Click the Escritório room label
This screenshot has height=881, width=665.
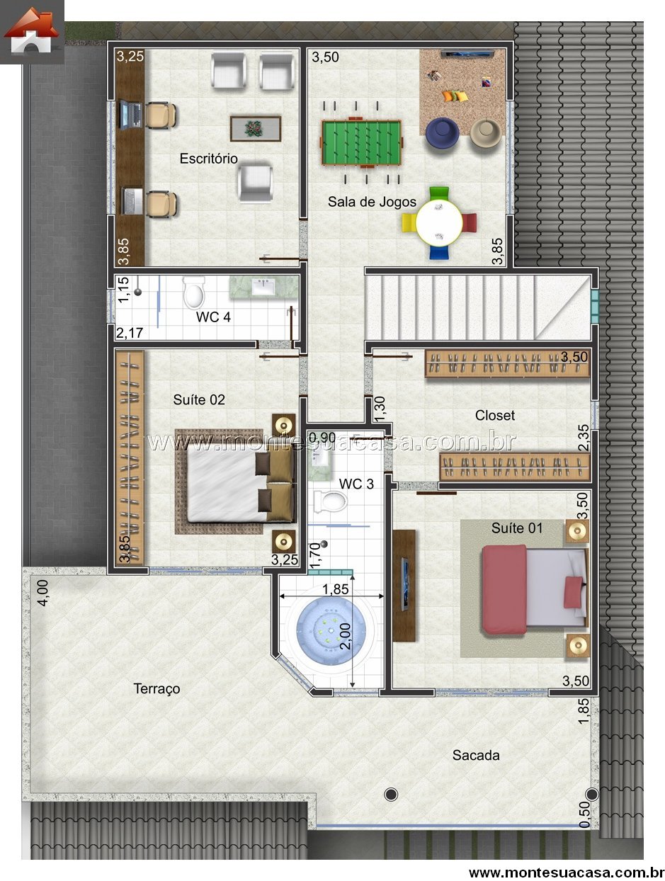tap(208, 159)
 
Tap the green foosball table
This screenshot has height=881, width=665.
tap(361, 142)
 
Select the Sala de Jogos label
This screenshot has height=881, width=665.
tap(372, 202)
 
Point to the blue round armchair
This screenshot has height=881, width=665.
tap(442, 133)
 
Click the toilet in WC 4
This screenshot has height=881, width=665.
tap(194, 292)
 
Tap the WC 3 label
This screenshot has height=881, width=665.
tap(356, 484)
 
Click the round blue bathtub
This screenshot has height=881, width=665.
tap(331, 631)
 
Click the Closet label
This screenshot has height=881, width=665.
tap(494, 415)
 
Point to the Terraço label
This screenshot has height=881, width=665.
tap(157, 688)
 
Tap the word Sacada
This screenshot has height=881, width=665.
tap(476, 755)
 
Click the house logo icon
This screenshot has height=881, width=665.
tap(31, 31)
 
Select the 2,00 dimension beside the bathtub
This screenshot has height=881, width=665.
tap(345, 636)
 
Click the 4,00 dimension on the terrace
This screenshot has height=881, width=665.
tap(42, 593)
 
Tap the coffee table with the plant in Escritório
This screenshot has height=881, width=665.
tap(255, 128)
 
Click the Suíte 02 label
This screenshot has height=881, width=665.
tap(199, 399)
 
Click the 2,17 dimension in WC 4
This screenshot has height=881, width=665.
tap(129, 332)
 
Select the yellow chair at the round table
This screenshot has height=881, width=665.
tap(409, 223)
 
